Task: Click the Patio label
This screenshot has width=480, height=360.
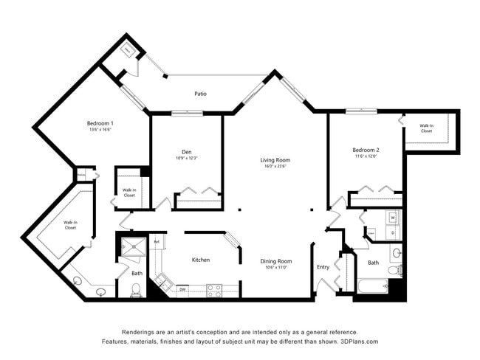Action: coord(200,94)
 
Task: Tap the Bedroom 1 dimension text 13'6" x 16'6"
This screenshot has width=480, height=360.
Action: coord(100,130)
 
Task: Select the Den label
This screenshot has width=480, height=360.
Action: coord(187,152)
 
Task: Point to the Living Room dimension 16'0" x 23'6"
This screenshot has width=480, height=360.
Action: coord(275,166)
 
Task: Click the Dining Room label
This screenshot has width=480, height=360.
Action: coord(275,260)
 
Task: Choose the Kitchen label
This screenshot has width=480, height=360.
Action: coord(201,260)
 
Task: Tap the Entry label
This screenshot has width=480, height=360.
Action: coord(323,267)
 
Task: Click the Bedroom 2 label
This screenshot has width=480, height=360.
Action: coord(366,150)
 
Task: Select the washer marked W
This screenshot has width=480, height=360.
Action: coord(393,218)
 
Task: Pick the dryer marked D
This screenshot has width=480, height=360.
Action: coord(393,233)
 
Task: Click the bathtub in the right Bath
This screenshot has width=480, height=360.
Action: coord(372,287)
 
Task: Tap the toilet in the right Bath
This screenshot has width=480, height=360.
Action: coord(397,270)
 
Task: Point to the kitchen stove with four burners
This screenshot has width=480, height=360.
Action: coord(214,290)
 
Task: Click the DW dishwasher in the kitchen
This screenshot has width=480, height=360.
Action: coord(182,290)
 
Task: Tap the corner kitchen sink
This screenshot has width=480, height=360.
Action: coord(161,282)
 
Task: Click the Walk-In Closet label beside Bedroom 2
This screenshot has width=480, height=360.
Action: coord(426,128)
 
